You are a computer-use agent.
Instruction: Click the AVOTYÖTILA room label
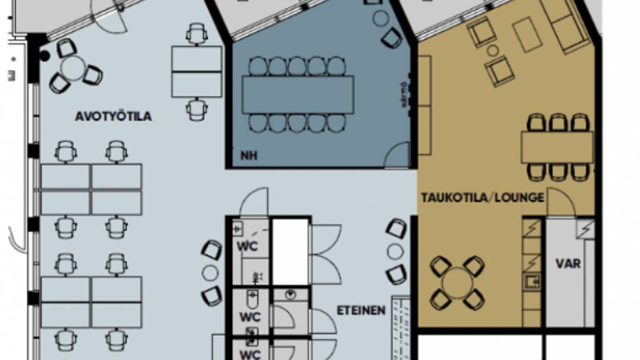tap(113, 117)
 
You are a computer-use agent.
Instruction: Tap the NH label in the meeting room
tap(249, 156)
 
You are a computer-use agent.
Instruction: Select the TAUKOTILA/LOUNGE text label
tap(482, 197)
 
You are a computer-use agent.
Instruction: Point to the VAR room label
tap(567, 263)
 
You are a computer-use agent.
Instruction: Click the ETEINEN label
tap(361, 310)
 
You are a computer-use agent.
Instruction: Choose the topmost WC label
tap(247, 246)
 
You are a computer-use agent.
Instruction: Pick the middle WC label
tap(250, 316)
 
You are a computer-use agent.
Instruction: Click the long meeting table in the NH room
tap(297, 94)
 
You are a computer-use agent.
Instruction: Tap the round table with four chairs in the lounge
tap(457, 282)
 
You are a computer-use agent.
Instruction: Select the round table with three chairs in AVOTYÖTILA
tap(73, 67)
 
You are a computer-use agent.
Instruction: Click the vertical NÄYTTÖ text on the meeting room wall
tap(404, 96)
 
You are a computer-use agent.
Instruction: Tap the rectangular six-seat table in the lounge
tap(557, 147)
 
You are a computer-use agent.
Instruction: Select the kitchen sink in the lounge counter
tap(532, 281)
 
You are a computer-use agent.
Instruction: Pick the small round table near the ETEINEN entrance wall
tap(395, 252)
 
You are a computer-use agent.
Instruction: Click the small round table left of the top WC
tap(211, 273)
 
